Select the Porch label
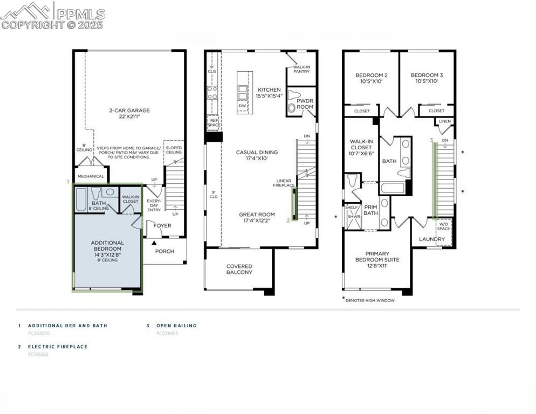click(x=164, y=251)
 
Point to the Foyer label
click(x=162, y=226)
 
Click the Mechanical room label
click(x=91, y=176)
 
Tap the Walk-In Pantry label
click(x=301, y=70)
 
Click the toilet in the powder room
click(x=294, y=95)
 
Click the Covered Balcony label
click(x=239, y=269)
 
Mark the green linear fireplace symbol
click(x=294, y=202)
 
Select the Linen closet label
click(x=445, y=122)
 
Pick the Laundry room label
click(x=431, y=239)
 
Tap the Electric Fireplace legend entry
click(x=57, y=347)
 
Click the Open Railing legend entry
click(x=176, y=326)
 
